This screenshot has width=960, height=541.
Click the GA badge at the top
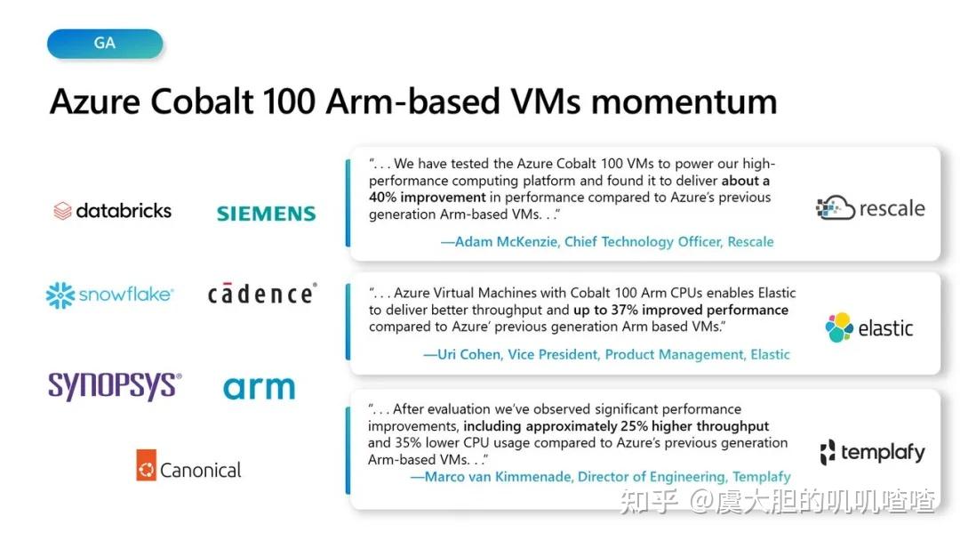pyautogui.click(x=105, y=44)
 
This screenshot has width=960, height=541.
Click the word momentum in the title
pyautogui.click(x=684, y=101)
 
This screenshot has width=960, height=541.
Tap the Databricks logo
pyautogui.click(x=112, y=211)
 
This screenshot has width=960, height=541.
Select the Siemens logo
pyautogui.click(x=266, y=214)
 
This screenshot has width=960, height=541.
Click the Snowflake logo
pyautogui.click(x=109, y=295)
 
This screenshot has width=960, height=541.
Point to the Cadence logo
pyautogui.click(x=261, y=294)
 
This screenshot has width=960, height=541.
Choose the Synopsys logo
pyautogui.click(x=115, y=386)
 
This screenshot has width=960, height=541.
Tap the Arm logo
pyautogui.click(x=259, y=388)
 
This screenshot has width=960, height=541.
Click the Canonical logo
pyautogui.click(x=188, y=469)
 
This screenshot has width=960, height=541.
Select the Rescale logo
pyautogui.click(x=870, y=208)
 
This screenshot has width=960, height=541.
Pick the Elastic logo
pyautogui.click(x=868, y=327)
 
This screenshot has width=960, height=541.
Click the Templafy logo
pyautogui.click(x=871, y=452)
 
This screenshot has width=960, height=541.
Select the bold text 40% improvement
pyautogui.click(x=428, y=198)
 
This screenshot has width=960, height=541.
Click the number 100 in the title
pyautogui.click(x=288, y=101)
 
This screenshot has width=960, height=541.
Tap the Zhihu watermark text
pyautogui.click(x=778, y=501)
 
